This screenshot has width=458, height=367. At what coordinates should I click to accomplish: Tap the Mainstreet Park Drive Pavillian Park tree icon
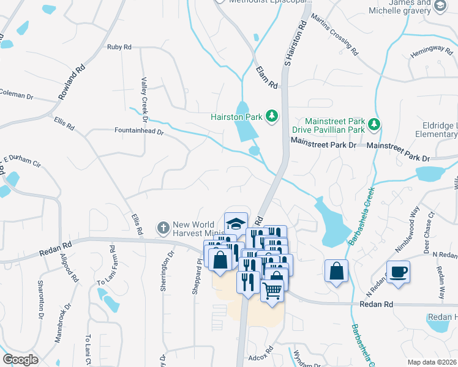(x=374, y=125)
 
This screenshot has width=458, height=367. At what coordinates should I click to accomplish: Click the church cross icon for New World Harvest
(x=163, y=228)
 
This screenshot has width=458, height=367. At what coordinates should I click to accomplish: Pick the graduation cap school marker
(x=236, y=223)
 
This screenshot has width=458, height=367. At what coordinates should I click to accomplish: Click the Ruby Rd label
(x=119, y=46)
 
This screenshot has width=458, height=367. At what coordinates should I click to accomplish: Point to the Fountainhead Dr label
(x=140, y=130)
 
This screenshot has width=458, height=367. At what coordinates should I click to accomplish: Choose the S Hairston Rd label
(x=295, y=43)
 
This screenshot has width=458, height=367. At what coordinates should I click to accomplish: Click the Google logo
(x=21, y=360)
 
